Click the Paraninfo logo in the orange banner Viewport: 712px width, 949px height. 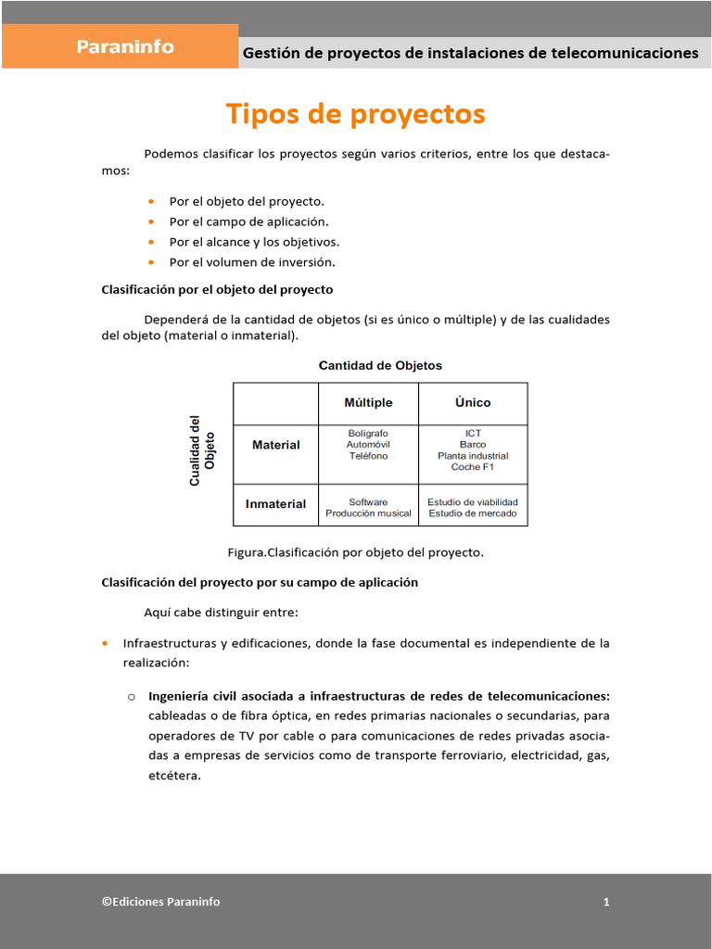tap(125, 46)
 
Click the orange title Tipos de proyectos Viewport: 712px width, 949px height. tap(355, 114)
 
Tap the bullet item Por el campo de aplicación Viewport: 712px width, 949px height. tap(248, 221)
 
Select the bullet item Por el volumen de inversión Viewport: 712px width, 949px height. tap(251, 262)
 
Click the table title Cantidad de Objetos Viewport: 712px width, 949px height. tap(380, 365)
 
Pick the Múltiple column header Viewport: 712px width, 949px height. tap(368, 402)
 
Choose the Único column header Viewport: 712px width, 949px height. tap(473, 402)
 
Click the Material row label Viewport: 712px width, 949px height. tap(275, 445)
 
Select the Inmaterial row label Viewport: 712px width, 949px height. tap(275, 504)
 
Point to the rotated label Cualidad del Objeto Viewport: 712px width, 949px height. tap(201, 450)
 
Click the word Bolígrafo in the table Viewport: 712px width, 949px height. tap(368, 434)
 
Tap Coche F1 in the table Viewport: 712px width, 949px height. tap(473, 467)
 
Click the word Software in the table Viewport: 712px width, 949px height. tap(368, 502)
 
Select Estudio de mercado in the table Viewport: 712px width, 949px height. tap(473, 513)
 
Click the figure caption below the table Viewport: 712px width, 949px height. tap(355, 552)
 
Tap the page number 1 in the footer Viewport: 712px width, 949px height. tap(606, 902)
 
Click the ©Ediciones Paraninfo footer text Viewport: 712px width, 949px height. tap(161, 902)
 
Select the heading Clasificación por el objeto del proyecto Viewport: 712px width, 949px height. tap(217, 290)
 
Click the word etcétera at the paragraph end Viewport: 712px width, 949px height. tap(174, 776)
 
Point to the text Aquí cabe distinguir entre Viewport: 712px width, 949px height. tap(222, 613)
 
